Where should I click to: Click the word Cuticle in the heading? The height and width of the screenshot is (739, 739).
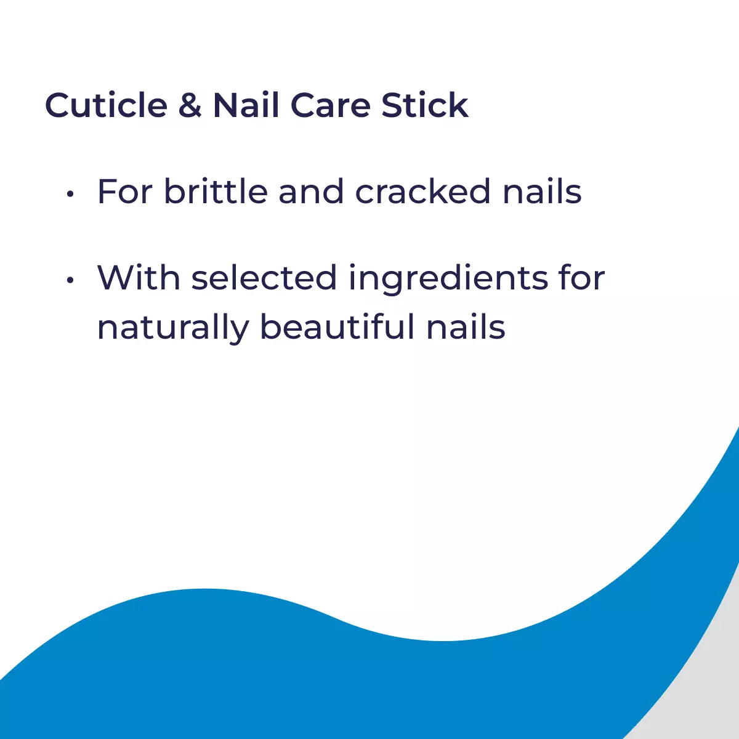tap(106, 105)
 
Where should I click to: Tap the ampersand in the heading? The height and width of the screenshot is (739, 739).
tap(190, 105)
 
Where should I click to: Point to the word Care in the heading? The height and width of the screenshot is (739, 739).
tap(330, 105)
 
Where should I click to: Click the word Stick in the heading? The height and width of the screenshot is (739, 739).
tap(425, 105)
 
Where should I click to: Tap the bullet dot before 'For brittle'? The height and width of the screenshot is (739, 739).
tap(70, 194)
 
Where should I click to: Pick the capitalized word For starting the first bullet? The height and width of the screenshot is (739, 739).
tap(125, 192)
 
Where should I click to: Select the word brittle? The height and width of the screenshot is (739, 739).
tap(216, 192)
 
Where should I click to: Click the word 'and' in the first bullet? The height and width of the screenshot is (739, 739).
tap(311, 192)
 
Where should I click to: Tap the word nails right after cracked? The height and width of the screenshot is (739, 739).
tap(542, 192)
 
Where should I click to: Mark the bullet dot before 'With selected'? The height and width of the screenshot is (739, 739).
tap(70, 280)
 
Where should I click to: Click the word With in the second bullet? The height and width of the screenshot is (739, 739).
tap(139, 278)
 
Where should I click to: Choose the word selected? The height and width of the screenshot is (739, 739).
tap(264, 278)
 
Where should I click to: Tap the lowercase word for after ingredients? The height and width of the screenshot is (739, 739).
tap(581, 278)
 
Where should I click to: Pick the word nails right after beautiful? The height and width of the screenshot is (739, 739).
tap(466, 327)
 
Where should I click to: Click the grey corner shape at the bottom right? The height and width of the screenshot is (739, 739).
tap(708, 696)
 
